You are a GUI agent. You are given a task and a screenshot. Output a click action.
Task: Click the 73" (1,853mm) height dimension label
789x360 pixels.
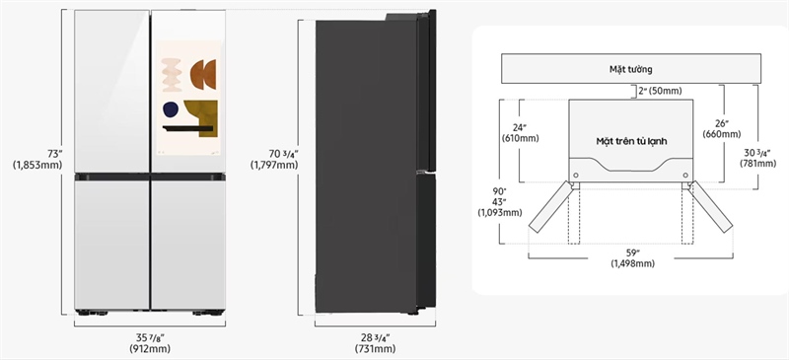pyautogui.click(x=37, y=159)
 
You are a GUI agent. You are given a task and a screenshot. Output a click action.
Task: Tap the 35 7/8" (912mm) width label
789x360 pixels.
pyautogui.click(x=151, y=342)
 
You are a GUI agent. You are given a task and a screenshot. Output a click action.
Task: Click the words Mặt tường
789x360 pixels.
pyautogui.click(x=631, y=70)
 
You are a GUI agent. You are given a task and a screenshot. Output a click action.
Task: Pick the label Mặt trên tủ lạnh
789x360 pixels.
pyautogui.click(x=631, y=142)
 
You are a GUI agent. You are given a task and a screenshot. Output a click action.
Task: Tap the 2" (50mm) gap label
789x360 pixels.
pyautogui.click(x=657, y=91)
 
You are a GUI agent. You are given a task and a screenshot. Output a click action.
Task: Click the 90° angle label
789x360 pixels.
pyautogui.click(x=499, y=190)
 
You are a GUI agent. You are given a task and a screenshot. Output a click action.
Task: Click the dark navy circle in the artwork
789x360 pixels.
pyautogui.click(x=172, y=109)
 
